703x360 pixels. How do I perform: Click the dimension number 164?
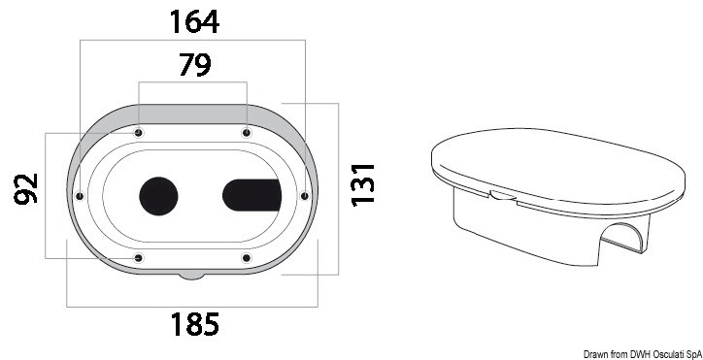(x=194, y=21)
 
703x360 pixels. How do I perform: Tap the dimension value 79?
(x=194, y=65)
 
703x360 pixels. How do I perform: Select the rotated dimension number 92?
(x=26, y=188)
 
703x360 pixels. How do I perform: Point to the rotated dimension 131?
(x=362, y=185)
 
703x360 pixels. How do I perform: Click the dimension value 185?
(x=194, y=324)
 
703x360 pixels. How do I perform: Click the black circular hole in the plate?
(x=158, y=196)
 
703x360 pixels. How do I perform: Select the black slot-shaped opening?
(x=251, y=195)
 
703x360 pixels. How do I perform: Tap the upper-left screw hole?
(x=139, y=133)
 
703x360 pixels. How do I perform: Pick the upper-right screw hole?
(x=246, y=133)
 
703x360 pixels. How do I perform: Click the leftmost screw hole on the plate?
(x=81, y=196)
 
